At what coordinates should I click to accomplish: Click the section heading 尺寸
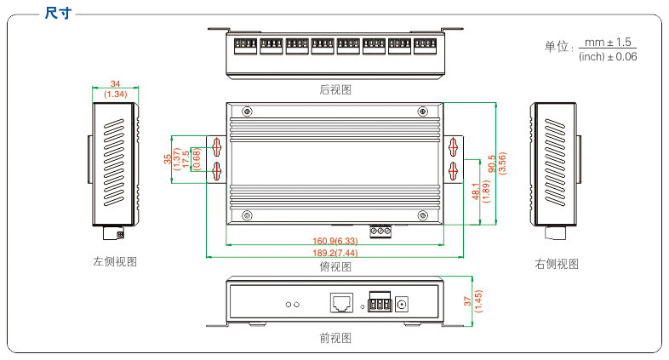pyautogui.click(x=57, y=12)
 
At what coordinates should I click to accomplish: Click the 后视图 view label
pyautogui.click(x=335, y=89)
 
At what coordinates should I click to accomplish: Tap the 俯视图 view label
pyautogui.click(x=335, y=266)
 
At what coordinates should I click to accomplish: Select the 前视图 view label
pyautogui.click(x=335, y=338)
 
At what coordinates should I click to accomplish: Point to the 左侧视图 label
pyautogui.click(x=115, y=262)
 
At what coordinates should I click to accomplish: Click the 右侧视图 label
pyautogui.click(x=557, y=264)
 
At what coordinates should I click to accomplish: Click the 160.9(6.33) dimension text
pyautogui.click(x=334, y=241)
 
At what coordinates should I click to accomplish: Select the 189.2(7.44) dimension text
pyautogui.click(x=334, y=254)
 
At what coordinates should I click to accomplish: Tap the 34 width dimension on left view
pyautogui.click(x=115, y=83)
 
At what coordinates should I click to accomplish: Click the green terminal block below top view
pyautogui.click(x=380, y=230)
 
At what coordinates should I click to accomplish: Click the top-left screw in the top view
pyautogui.click(x=247, y=111)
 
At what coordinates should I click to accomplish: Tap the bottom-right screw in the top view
pyautogui.click(x=422, y=214)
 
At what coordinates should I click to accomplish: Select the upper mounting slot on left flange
pyautogui.click(x=216, y=146)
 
